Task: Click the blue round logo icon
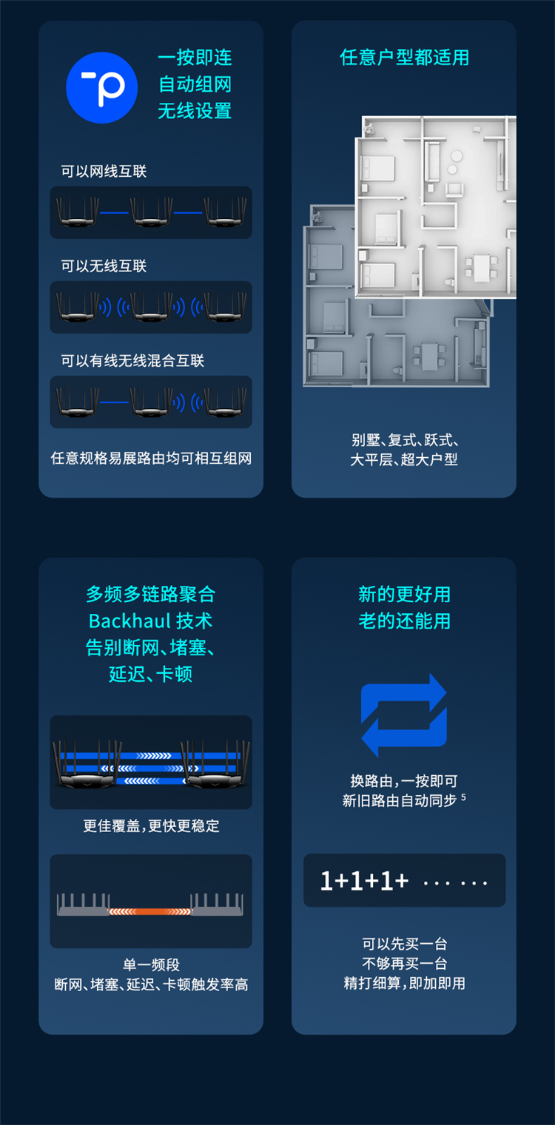pyautogui.click(x=102, y=87)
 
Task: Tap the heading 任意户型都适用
pyautogui.click(x=404, y=57)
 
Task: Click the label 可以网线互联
pyautogui.click(x=104, y=172)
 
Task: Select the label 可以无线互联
pyautogui.click(x=104, y=266)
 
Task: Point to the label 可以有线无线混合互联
pyautogui.click(x=132, y=361)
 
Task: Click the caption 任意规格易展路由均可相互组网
pyautogui.click(x=151, y=458)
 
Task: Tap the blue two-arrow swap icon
pyautogui.click(x=404, y=715)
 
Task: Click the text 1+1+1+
pyautogui.click(x=364, y=881)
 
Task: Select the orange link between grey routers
pyautogui.click(x=150, y=911)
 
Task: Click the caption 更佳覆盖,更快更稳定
pyautogui.click(x=151, y=825)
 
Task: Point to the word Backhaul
pyautogui.click(x=129, y=621)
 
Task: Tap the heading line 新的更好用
pyautogui.click(x=404, y=594)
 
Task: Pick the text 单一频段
pyautogui.click(x=151, y=964)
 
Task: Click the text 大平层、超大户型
pyautogui.click(x=404, y=459)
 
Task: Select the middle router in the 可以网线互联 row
pyautogui.click(x=151, y=212)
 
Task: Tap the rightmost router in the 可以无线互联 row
pyautogui.click(x=225, y=307)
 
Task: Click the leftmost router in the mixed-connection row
pyautogui.click(x=78, y=402)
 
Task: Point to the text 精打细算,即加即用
pyautogui.click(x=404, y=983)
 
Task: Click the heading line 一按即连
pyautogui.click(x=195, y=57)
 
